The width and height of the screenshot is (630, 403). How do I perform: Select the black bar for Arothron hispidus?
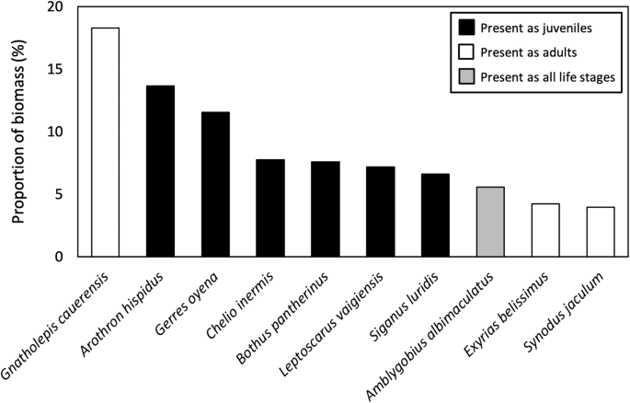click(x=160, y=171)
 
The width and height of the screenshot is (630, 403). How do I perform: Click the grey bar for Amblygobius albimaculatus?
click(x=490, y=222)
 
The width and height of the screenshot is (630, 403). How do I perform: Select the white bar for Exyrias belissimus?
click(x=545, y=230)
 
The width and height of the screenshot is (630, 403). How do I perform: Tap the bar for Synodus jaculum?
click(x=601, y=232)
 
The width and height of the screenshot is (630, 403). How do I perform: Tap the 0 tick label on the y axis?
click(x=60, y=257)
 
